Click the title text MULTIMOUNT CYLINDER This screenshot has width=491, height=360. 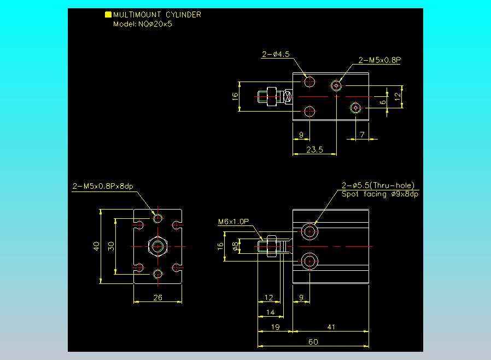pyautogui.click(x=157, y=15)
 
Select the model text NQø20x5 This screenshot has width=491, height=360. pyautogui.click(x=155, y=24)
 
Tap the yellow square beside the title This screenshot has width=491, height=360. pyautogui.click(x=108, y=14)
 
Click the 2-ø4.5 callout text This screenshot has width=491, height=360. pyautogui.click(x=276, y=54)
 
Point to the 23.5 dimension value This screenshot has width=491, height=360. pyautogui.click(x=314, y=150)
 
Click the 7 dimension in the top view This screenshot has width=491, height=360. pyautogui.click(x=362, y=135)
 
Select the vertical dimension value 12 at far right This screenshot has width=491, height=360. pyautogui.click(x=398, y=96)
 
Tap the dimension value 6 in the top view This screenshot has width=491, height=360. pyautogui.click(x=383, y=102)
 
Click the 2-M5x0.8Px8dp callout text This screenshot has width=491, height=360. pyautogui.click(x=103, y=186)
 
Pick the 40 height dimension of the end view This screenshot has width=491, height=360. pyautogui.click(x=96, y=246)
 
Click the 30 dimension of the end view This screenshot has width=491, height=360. pyautogui.click(x=111, y=246)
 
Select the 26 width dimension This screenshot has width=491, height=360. pyautogui.click(x=158, y=298)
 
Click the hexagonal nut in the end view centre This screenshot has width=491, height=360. pyautogui.click(x=158, y=247)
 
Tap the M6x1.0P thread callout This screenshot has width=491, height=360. pyautogui.click(x=233, y=222)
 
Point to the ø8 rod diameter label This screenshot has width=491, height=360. pyautogui.click(x=235, y=247)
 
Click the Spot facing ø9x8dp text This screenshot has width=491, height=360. pyautogui.click(x=380, y=194)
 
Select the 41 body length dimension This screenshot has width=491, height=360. pyautogui.click(x=331, y=327)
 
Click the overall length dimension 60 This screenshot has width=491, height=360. pyautogui.click(x=313, y=342)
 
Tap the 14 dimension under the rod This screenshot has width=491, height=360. pyautogui.click(x=270, y=312)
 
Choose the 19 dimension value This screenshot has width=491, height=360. pyautogui.click(x=275, y=327)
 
